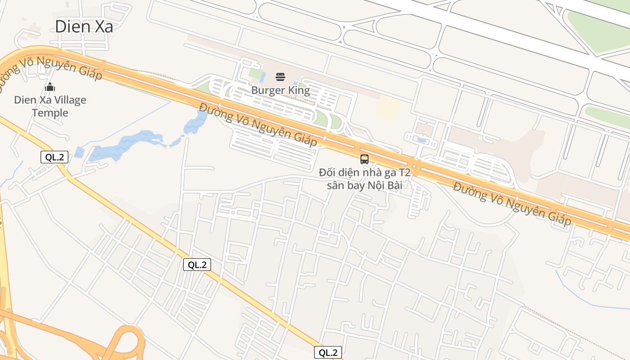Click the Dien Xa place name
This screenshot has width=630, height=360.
point(84,27)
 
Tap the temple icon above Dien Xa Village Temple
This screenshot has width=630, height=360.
point(50,87)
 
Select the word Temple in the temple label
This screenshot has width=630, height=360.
point(50,113)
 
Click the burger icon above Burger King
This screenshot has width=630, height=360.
point(280,77)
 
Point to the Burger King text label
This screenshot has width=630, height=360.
point(280,90)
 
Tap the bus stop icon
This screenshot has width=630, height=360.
point(364,159)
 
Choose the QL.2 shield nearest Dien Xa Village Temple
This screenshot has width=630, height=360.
point(54,157)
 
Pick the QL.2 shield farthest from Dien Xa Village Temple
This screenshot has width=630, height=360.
point(328,352)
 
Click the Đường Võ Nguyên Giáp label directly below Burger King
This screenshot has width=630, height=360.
point(258,125)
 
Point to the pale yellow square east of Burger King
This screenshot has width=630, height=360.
point(387,108)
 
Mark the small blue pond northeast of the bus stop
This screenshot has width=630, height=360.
point(422,140)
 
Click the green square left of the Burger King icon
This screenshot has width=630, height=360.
point(255,73)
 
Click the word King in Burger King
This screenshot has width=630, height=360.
point(298,90)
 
